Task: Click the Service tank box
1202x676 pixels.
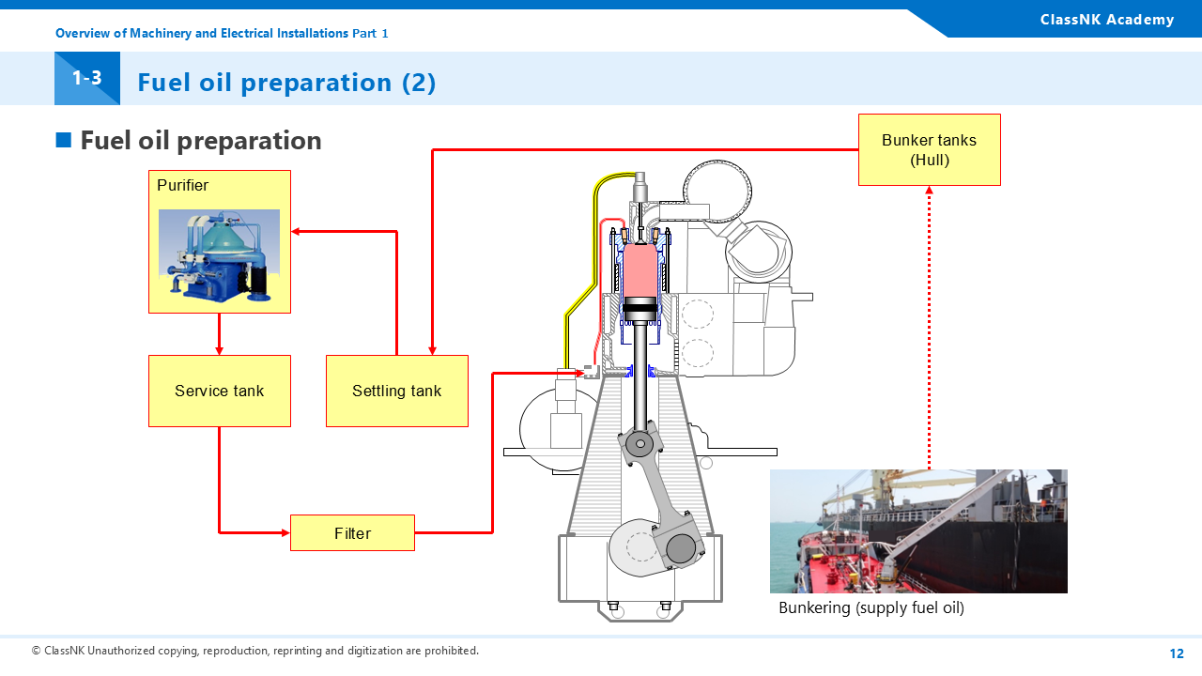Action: click(220, 391)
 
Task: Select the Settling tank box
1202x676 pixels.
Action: click(396, 391)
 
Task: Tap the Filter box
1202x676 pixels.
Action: click(352, 533)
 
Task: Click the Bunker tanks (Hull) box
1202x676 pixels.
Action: click(929, 150)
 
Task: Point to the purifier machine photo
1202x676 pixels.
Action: click(219, 253)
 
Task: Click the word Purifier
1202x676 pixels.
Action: click(183, 185)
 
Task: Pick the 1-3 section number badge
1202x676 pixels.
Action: click(87, 79)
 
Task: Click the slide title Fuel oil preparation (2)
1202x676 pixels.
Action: click(286, 83)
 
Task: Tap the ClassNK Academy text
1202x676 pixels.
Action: click(1107, 20)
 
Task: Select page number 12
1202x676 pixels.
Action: click(1177, 653)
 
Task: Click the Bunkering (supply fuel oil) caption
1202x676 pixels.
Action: click(871, 607)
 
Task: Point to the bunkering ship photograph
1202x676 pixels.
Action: click(918, 531)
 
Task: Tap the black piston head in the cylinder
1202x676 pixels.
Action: click(644, 309)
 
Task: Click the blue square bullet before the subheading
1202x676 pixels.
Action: click(64, 141)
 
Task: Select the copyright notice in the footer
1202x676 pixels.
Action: click(255, 651)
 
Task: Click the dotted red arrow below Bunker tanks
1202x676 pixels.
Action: click(930, 329)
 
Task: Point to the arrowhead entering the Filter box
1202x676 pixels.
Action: click(285, 533)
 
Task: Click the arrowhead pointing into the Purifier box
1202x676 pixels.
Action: click(296, 231)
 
